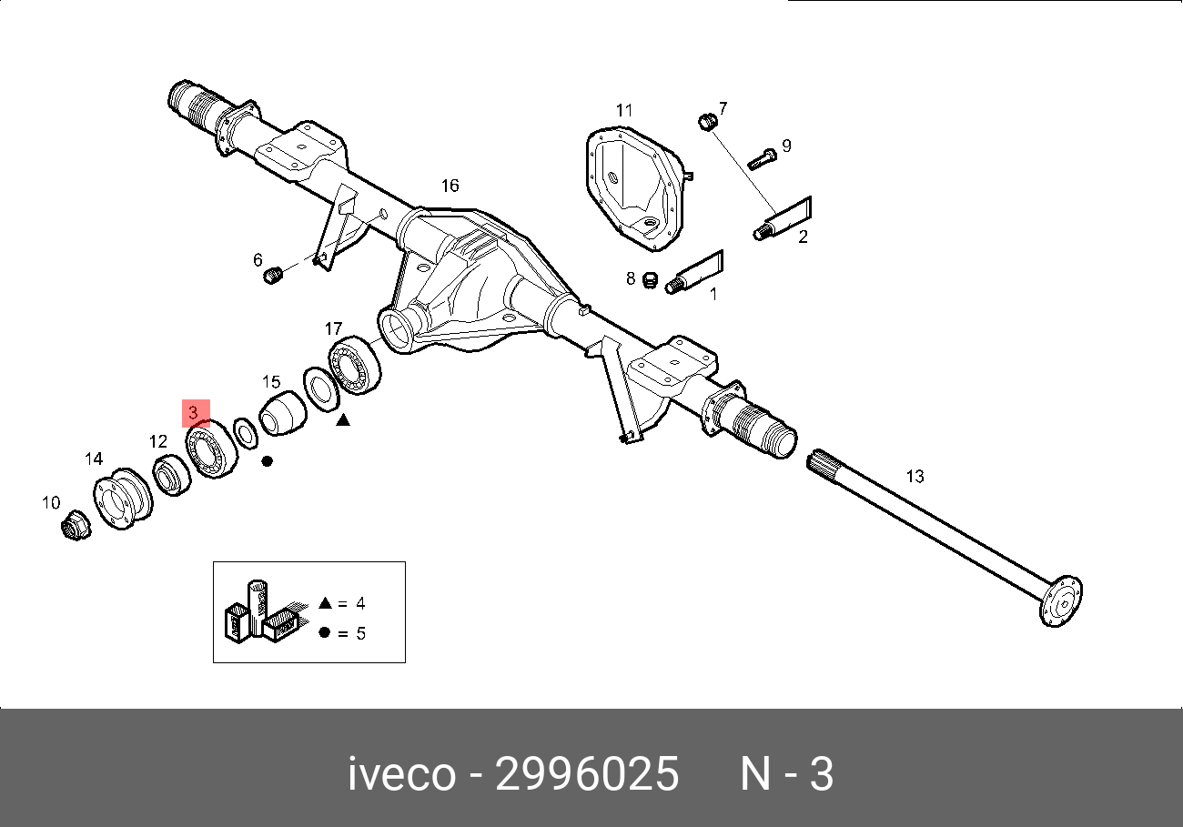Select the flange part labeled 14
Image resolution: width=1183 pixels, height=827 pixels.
123,499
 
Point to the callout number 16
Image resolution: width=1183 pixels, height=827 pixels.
450,186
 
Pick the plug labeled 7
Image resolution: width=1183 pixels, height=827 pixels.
708,122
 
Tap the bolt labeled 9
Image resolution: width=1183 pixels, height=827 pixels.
762,159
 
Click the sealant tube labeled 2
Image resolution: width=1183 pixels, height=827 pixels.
783,218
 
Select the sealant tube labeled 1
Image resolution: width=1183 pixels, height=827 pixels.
694,272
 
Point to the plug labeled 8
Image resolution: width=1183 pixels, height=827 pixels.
650,280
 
